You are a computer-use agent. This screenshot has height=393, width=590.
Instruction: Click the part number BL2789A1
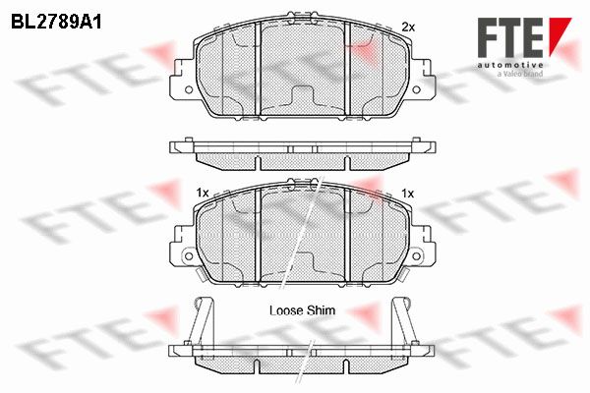(56, 23)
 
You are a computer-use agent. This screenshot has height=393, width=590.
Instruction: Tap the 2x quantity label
(408, 28)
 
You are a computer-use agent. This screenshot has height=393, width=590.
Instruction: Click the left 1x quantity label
(203, 194)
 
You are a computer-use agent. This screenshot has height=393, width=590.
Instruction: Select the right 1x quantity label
(408, 194)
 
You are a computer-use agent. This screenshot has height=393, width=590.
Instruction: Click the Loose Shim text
(302, 310)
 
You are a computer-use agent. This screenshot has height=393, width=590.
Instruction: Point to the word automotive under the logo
(510, 66)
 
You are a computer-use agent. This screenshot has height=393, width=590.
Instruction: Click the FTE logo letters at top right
(510, 37)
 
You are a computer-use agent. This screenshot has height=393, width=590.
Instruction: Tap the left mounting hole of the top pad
(189, 89)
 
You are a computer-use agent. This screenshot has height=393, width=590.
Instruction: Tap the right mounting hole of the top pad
(416, 89)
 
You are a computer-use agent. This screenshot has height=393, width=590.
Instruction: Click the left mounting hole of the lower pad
(189, 256)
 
